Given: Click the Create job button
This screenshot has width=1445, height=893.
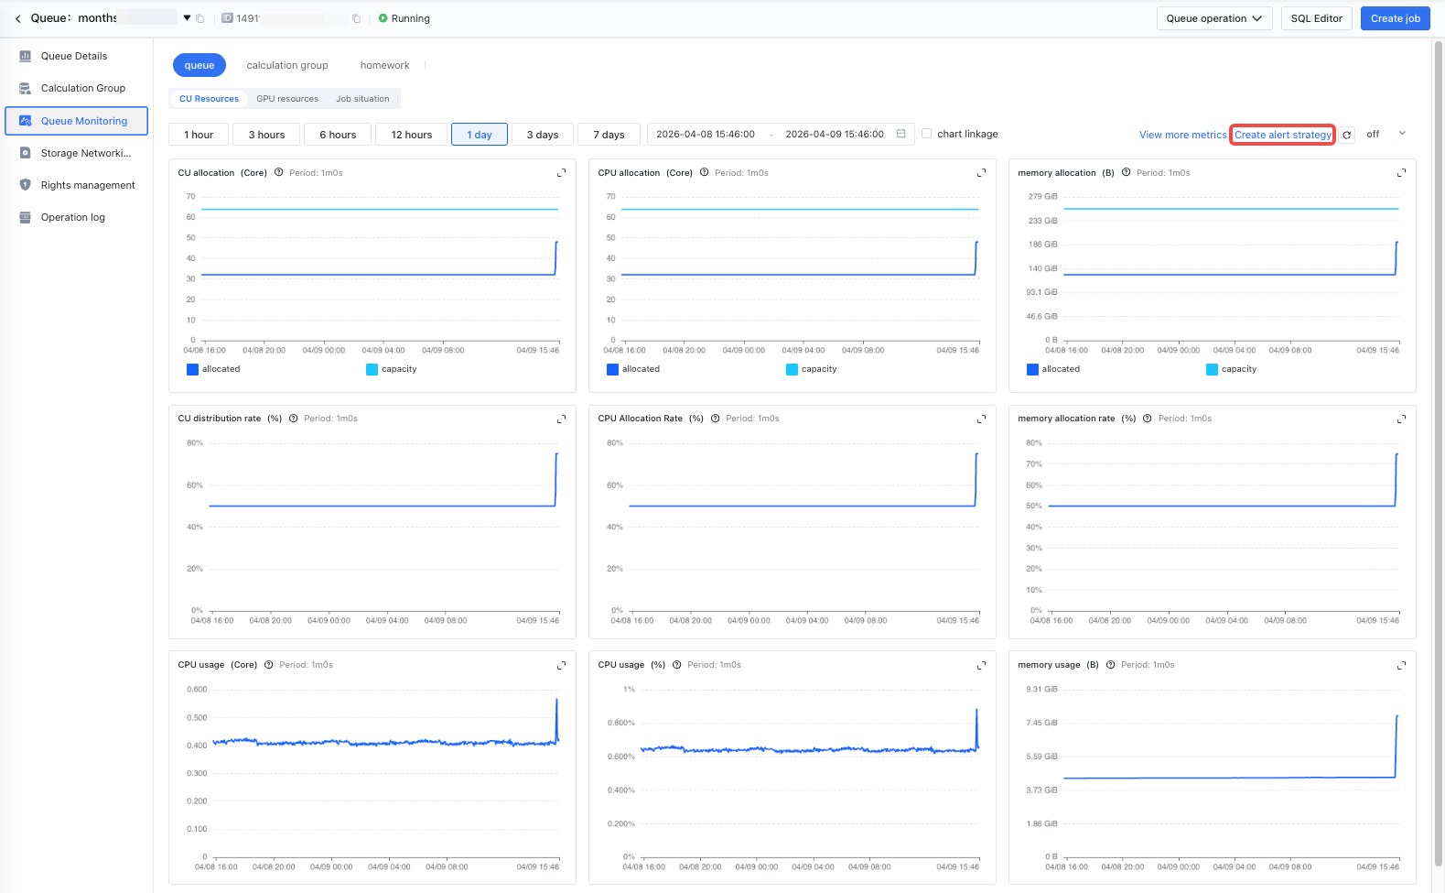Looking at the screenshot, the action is (1395, 18).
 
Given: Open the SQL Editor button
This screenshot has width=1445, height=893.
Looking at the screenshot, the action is (1316, 18).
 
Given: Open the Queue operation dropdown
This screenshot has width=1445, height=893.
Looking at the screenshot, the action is (1214, 18).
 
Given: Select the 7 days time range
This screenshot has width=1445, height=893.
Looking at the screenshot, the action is (609, 135).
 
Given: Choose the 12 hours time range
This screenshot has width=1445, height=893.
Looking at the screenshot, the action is (411, 135).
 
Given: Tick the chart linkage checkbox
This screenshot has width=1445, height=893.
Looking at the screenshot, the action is (926, 134).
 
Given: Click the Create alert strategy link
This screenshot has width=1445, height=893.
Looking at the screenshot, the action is (1282, 135).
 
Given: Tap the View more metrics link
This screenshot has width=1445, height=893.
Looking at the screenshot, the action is (1182, 135).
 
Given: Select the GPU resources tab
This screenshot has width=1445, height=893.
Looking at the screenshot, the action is (287, 98).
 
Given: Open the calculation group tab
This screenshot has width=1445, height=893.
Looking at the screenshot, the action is (287, 64).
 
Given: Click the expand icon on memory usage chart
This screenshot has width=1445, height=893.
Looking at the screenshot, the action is (1401, 665).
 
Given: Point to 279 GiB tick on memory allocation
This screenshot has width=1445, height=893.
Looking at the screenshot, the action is (1042, 196).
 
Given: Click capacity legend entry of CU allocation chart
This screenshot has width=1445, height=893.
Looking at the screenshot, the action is (392, 369).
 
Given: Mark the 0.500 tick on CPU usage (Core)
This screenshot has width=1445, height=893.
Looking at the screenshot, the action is (197, 717).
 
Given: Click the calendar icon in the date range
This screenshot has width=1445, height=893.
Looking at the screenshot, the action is (900, 134).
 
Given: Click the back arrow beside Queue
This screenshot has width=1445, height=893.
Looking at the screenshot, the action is (18, 18).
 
